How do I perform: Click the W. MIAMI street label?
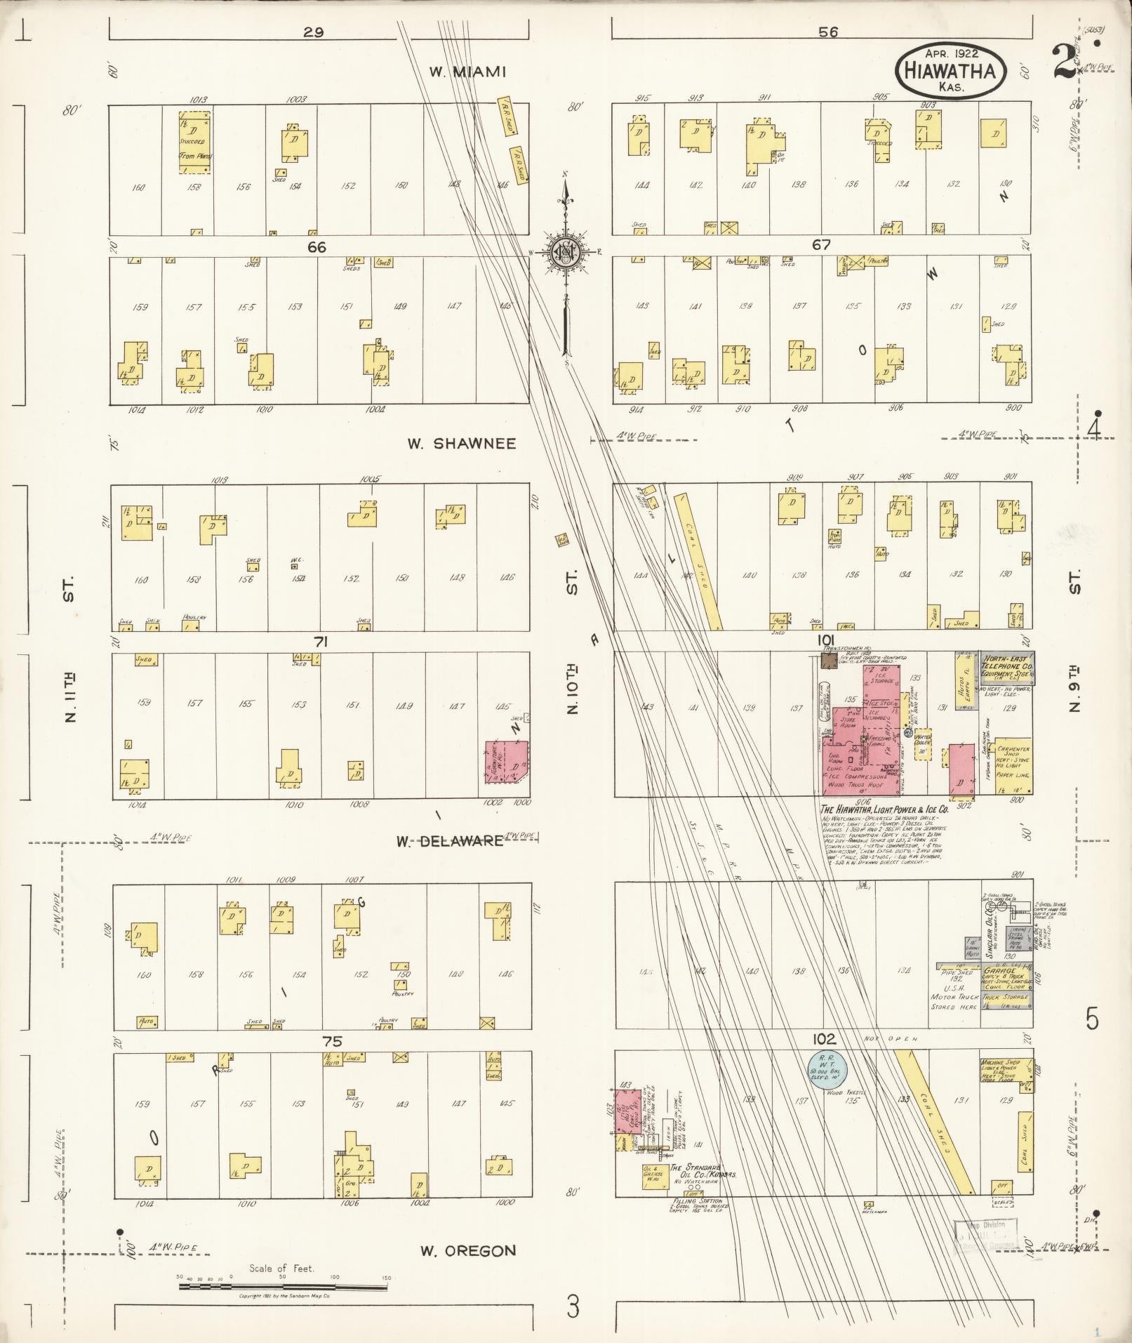pyautogui.click(x=468, y=72)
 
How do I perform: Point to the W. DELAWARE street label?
pyautogui.click(x=450, y=840)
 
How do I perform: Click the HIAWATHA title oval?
pyautogui.click(x=951, y=70)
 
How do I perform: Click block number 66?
pyautogui.click(x=317, y=247)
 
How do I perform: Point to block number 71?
pyautogui.click(x=321, y=641)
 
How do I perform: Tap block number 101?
pyautogui.click(x=825, y=641)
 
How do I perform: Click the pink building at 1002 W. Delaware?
pyautogui.click(x=507, y=762)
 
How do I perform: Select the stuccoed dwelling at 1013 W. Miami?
pyautogui.click(x=194, y=143)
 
